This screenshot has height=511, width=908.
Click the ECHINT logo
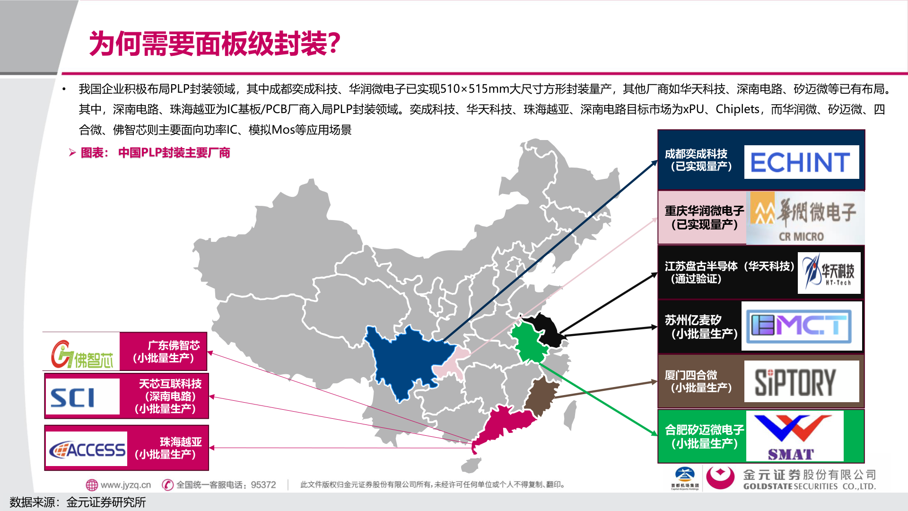[801, 162]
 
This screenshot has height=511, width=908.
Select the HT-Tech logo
[829, 273]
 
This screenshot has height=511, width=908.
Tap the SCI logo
[82, 396]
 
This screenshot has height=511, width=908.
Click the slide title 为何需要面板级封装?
[215, 44]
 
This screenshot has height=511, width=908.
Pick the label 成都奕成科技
[696, 154]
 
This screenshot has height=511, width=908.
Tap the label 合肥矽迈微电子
[704, 430]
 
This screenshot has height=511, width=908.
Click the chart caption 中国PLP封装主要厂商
[174, 153]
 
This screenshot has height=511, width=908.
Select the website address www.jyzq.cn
[125, 485]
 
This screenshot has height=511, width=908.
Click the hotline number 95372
[263, 485]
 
